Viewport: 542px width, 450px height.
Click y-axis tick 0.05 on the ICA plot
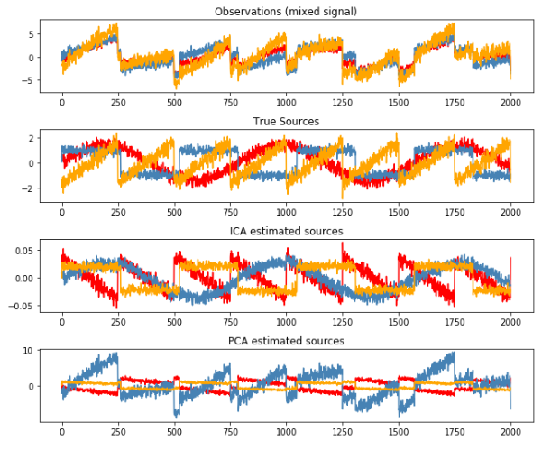point(23,249)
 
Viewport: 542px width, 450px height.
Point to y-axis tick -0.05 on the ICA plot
point(21,306)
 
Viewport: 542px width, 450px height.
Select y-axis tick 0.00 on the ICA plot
point(23,278)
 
